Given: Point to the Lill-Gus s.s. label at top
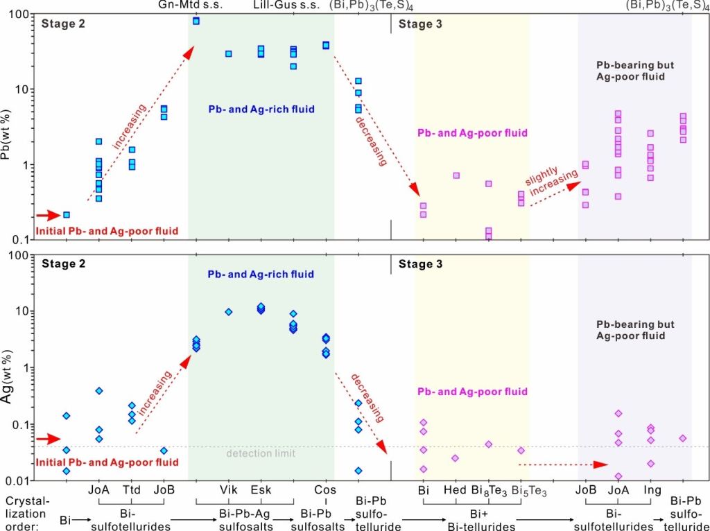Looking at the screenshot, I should tap(286, 6).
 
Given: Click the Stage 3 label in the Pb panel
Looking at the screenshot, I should tap(419, 24).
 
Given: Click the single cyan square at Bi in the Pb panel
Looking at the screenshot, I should tap(67, 215).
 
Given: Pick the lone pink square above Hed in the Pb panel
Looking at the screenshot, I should tap(456, 175).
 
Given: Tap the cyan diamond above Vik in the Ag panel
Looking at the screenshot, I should tap(228, 312).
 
